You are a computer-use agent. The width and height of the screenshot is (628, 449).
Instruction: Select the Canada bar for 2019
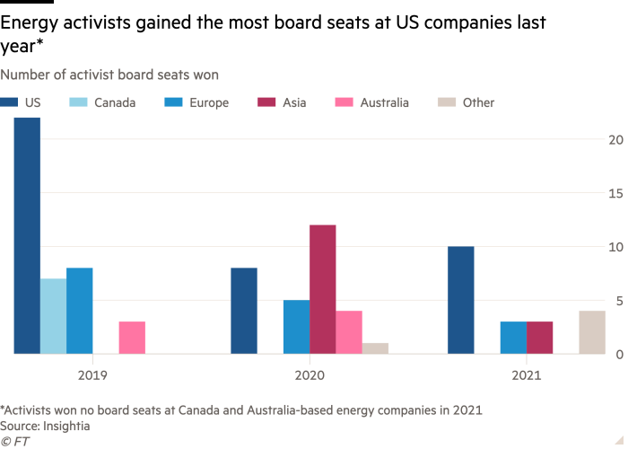tap(53, 316)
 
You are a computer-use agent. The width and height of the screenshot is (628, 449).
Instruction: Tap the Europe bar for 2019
tap(80, 311)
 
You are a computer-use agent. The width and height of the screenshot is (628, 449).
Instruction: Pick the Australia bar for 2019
tap(133, 338)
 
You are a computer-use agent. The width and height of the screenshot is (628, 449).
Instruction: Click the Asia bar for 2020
tap(323, 289)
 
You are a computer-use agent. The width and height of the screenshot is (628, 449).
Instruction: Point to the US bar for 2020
tap(244, 311)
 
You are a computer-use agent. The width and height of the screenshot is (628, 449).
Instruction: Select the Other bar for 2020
tap(376, 348)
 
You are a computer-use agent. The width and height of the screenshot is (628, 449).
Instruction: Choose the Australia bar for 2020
tap(350, 332)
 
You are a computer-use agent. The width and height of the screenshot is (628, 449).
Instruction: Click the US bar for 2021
tap(461, 300)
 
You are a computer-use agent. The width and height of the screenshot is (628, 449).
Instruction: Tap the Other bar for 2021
tap(592, 332)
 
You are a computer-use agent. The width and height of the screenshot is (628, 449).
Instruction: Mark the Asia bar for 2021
tap(540, 338)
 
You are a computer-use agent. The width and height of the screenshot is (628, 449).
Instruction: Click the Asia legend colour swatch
tap(265, 103)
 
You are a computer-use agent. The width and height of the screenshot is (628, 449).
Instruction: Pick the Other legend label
tap(478, 103)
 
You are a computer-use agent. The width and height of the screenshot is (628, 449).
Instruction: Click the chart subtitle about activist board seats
tap(110, 75)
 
